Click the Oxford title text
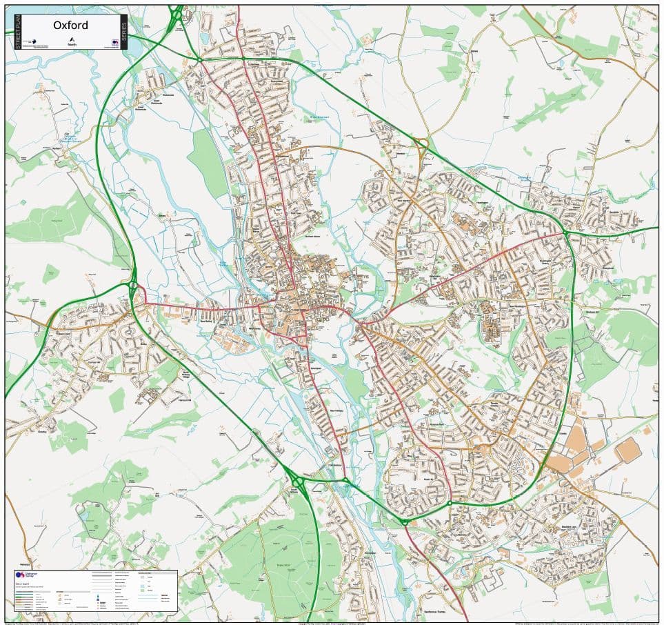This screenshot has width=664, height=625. (70, 26)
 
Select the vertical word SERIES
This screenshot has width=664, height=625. (123, 32)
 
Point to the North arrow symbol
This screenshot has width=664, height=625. (71, 39)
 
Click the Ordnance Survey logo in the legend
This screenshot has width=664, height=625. (21, 575)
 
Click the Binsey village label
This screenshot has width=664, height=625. (163, 216)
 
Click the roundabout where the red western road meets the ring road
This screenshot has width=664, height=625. (133, 284)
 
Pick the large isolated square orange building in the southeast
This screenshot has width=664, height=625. (627, 450)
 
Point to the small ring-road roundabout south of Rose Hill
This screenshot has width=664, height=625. (449, 503)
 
